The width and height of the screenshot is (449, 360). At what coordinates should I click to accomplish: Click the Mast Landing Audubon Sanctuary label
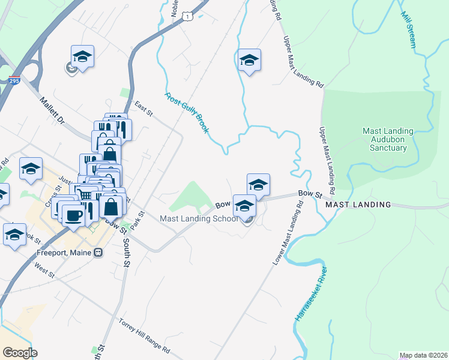388,139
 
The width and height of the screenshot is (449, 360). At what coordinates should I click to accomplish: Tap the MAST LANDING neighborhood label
358,205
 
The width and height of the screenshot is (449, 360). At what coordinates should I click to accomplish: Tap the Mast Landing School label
199,218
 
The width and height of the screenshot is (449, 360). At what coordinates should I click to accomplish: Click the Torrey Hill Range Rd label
145,335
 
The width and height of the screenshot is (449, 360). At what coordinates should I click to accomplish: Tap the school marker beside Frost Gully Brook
249,59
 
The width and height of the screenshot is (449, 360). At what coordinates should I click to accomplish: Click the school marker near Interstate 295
82,56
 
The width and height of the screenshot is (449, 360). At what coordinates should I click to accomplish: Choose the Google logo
20,353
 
